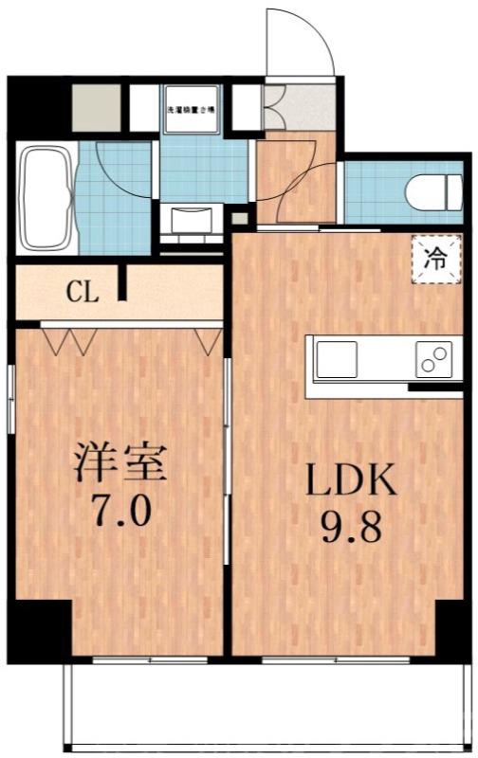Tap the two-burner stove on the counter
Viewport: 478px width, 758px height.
point(435,361)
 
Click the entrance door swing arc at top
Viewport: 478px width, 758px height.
point(302,43)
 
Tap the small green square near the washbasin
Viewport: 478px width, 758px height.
point(239,220)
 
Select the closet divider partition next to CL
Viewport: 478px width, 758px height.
point(121,284)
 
